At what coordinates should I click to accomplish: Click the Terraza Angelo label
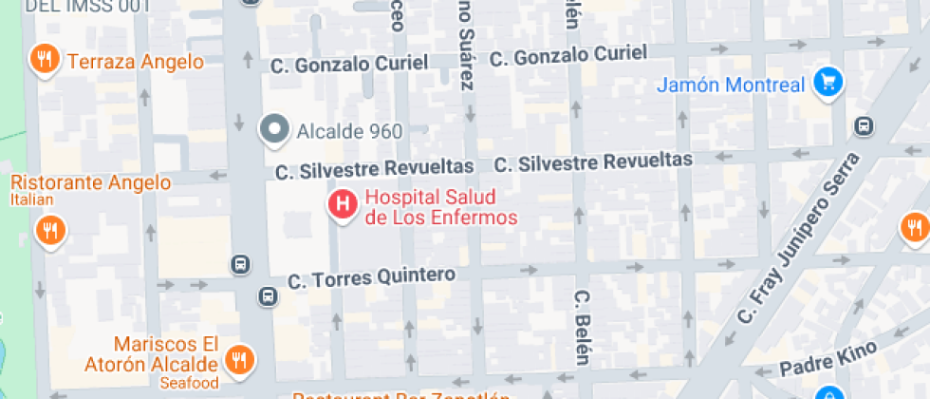(135, 62)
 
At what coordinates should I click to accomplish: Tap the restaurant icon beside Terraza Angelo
(43, 60)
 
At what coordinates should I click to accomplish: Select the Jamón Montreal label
(731, 85)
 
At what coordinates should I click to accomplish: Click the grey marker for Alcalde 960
(275, 129)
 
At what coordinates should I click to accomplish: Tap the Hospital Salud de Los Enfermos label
(441, 208)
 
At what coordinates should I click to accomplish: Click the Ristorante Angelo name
(91, 182)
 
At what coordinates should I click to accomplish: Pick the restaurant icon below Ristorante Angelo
(49, 230)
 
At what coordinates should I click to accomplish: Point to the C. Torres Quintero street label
(372, 278)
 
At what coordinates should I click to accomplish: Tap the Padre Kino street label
(817, 361)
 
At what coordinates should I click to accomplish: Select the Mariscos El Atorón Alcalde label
(165, 354)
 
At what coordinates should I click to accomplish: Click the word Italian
(32, 200)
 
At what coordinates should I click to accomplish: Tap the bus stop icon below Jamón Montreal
(864, 125)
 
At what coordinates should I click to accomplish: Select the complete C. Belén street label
(581, 327)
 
